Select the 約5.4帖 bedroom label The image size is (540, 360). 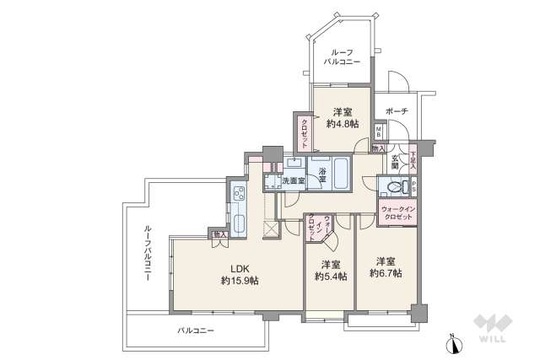pyautogui.click(x=330, y=270)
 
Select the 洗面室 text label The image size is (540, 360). pyautogui.click(x=293, y=181)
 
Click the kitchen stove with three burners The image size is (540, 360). pyautogui.click(x=236, y=199)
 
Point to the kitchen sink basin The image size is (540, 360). pyautogui.click(x=237, y=224)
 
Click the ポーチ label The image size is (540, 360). pyautogui.click(x=396, y=110)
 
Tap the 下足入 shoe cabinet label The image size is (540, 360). pyautogui.click(x=413, y=159)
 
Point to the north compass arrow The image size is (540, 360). pyautogui.click(x=453, y=341)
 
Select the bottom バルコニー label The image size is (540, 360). pyautogui.click(x=197, y=330)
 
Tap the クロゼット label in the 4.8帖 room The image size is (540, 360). pyautogui.click(x=303, y=131)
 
